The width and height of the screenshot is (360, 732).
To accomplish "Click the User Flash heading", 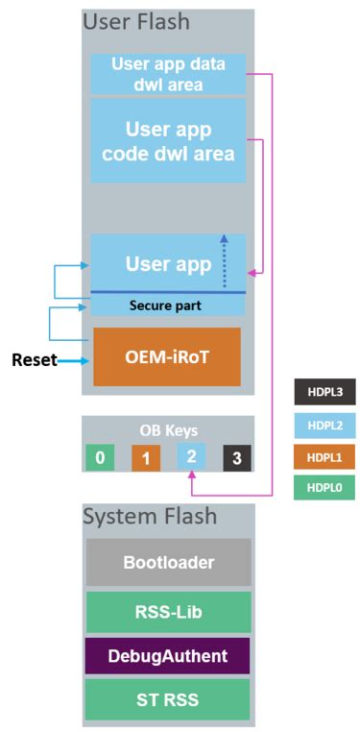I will tap(136, 21).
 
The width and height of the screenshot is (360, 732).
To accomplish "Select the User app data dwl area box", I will tap(168, 74).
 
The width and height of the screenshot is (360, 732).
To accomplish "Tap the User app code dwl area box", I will tap(168, 140).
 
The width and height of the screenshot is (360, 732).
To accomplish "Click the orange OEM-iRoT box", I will tap(167, 357).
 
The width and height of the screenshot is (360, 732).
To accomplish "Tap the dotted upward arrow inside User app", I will tap(225, 261).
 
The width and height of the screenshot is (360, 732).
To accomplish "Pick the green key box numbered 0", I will tap(100, 458).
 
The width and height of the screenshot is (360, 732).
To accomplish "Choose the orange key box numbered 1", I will tap(146, 458).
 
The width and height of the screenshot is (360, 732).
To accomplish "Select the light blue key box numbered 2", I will tap(191, 457).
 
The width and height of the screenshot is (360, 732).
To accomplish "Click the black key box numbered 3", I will tap(237, 458).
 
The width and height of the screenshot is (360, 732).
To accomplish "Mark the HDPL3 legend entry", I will tap(325, 393).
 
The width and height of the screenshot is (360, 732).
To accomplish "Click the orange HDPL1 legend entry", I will tap(325, 456).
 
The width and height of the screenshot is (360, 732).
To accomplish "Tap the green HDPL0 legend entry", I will tap(325, 488).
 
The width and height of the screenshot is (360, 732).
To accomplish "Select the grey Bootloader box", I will tap(168, 562).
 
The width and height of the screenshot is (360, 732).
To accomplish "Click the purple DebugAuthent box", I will tap(168, 655).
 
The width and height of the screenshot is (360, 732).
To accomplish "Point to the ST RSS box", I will tap(168, 700).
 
